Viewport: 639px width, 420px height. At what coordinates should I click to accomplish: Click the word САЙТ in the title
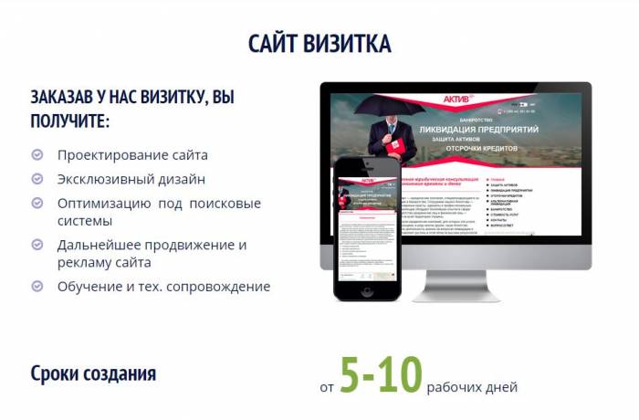tap(273, 44)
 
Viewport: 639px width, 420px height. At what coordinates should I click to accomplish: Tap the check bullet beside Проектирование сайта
tap(37, 155)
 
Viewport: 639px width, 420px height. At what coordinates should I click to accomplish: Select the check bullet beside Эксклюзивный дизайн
tap(37, 180)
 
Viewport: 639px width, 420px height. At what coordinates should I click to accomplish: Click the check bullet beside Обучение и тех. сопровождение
tap(37, 286)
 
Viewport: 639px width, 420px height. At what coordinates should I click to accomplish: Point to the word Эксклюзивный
tap(100, 180)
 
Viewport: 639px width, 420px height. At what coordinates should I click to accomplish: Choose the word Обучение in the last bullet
tap(89, 286)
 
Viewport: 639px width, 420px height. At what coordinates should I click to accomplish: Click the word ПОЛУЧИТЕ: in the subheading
tap(70, 121)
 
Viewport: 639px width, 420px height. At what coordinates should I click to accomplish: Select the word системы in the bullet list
tap(85, 221)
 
